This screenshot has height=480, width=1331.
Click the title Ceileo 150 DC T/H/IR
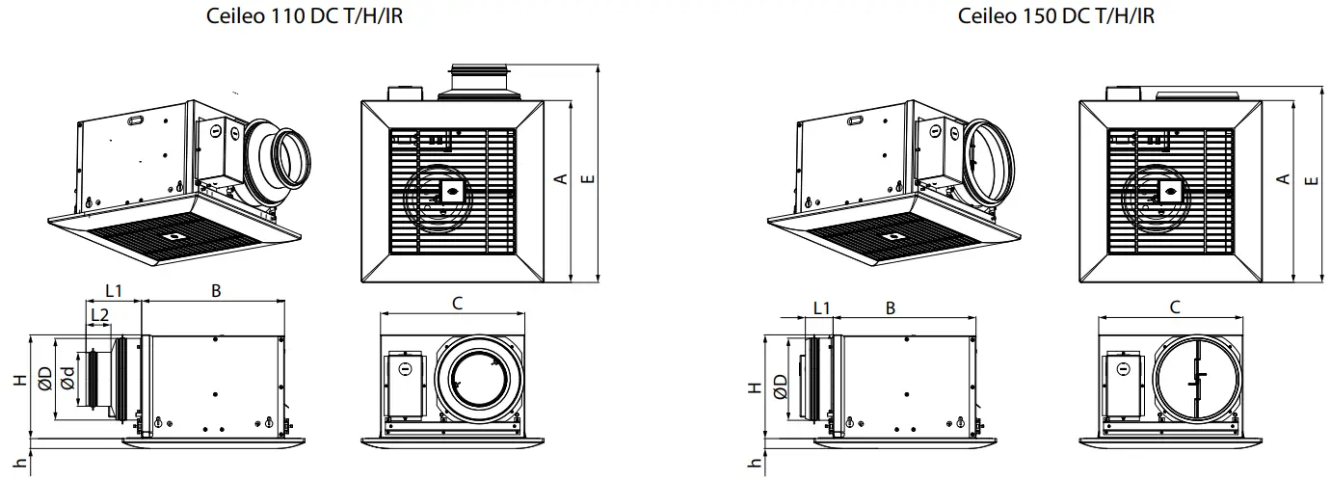pos(1056,16)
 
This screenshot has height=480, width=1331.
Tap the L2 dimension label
pos(98,314)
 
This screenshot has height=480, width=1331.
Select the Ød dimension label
pos(67,379)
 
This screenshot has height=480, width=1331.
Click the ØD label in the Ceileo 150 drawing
pos(779,387)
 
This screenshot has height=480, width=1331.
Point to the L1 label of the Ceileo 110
pos(114,289)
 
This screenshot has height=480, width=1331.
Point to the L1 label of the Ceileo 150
pos(821,307)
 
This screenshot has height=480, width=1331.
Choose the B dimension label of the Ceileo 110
pos(216,288)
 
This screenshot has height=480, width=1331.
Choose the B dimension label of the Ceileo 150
pos(891,307)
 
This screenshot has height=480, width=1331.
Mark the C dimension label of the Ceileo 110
pos(457,304)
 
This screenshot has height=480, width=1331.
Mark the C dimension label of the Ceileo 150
pos(1175,307)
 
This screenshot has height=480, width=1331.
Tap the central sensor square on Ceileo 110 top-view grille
pos(449,192)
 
